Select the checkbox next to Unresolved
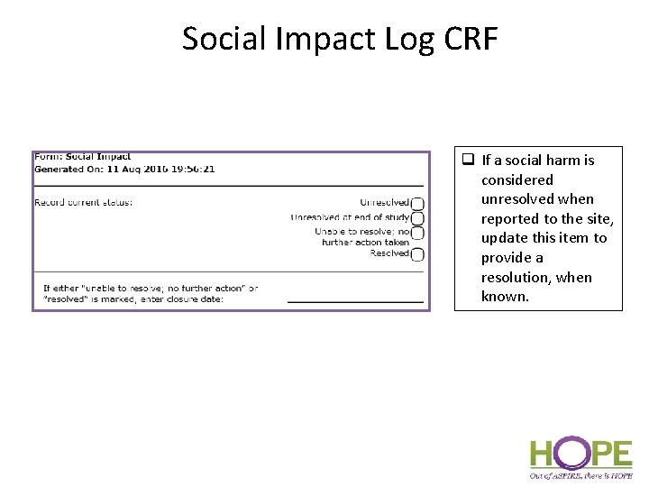(x=417, y=203)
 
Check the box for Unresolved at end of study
(x=417, y=217)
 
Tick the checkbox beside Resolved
(x=417, y=254)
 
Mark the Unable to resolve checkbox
(x=417, y=233)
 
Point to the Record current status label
(x=83, y=202)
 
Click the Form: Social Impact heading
(x=83, y=157)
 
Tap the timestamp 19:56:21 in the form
(x=191, y=169)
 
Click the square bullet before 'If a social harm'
(x=468, y=161)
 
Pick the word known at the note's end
(x=505, y=297)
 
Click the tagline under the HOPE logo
(x=580, y=475)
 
